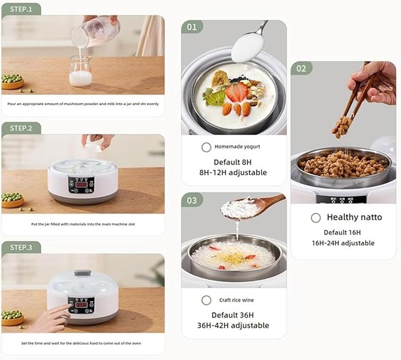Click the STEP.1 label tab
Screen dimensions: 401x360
coord(21,9)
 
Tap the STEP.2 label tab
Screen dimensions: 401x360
coord(21,128)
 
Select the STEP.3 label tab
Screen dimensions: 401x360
coord(21,247)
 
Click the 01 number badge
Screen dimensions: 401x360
coord(192,27)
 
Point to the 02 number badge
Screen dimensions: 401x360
coord(302,68)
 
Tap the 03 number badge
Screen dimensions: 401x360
coord(192,200)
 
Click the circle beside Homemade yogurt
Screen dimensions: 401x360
coord(206,147)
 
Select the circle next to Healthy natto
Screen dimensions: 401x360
coord(316,218)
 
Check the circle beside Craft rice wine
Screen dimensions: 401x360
coord(206,300)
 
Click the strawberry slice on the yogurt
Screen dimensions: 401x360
coord(237,92)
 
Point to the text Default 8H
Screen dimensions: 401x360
coord(233,162)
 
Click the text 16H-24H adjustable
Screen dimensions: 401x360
coord(343,243)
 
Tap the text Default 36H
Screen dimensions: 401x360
coord(233,315)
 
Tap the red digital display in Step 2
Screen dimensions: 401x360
coord(81,185)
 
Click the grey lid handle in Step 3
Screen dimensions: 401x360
coord(83,273)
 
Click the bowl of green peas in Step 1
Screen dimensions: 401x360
coord(12,81)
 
